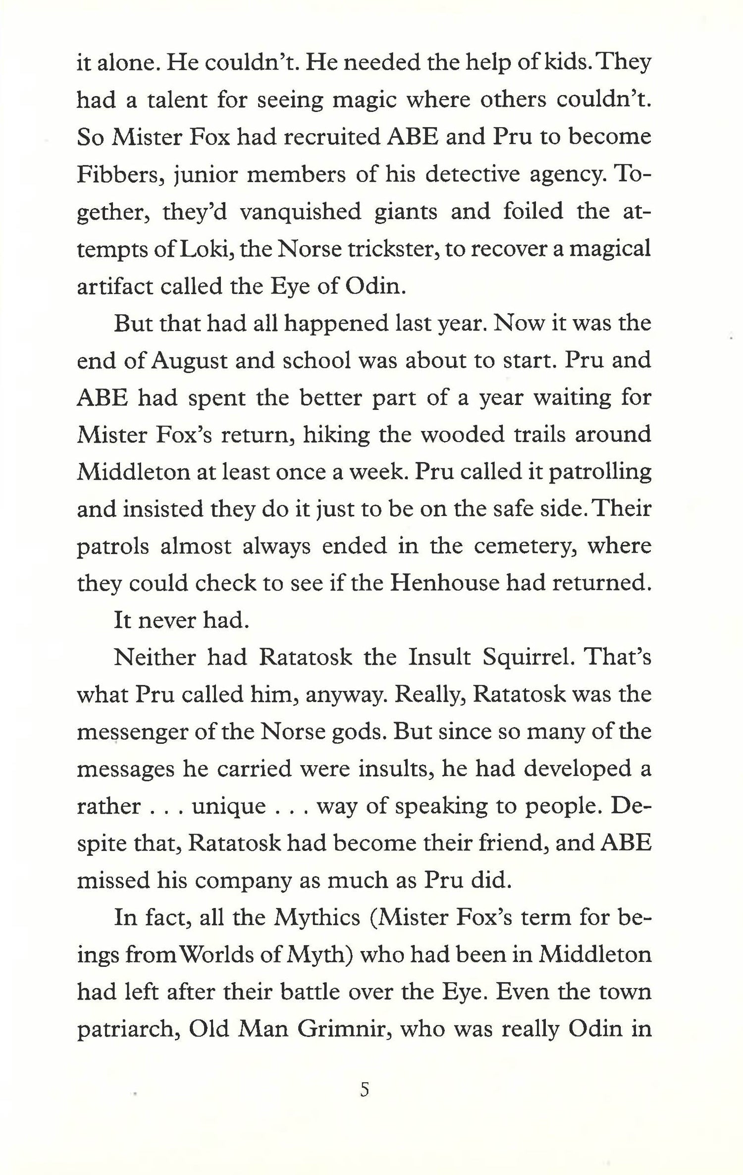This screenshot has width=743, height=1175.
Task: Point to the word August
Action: (188, 361)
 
